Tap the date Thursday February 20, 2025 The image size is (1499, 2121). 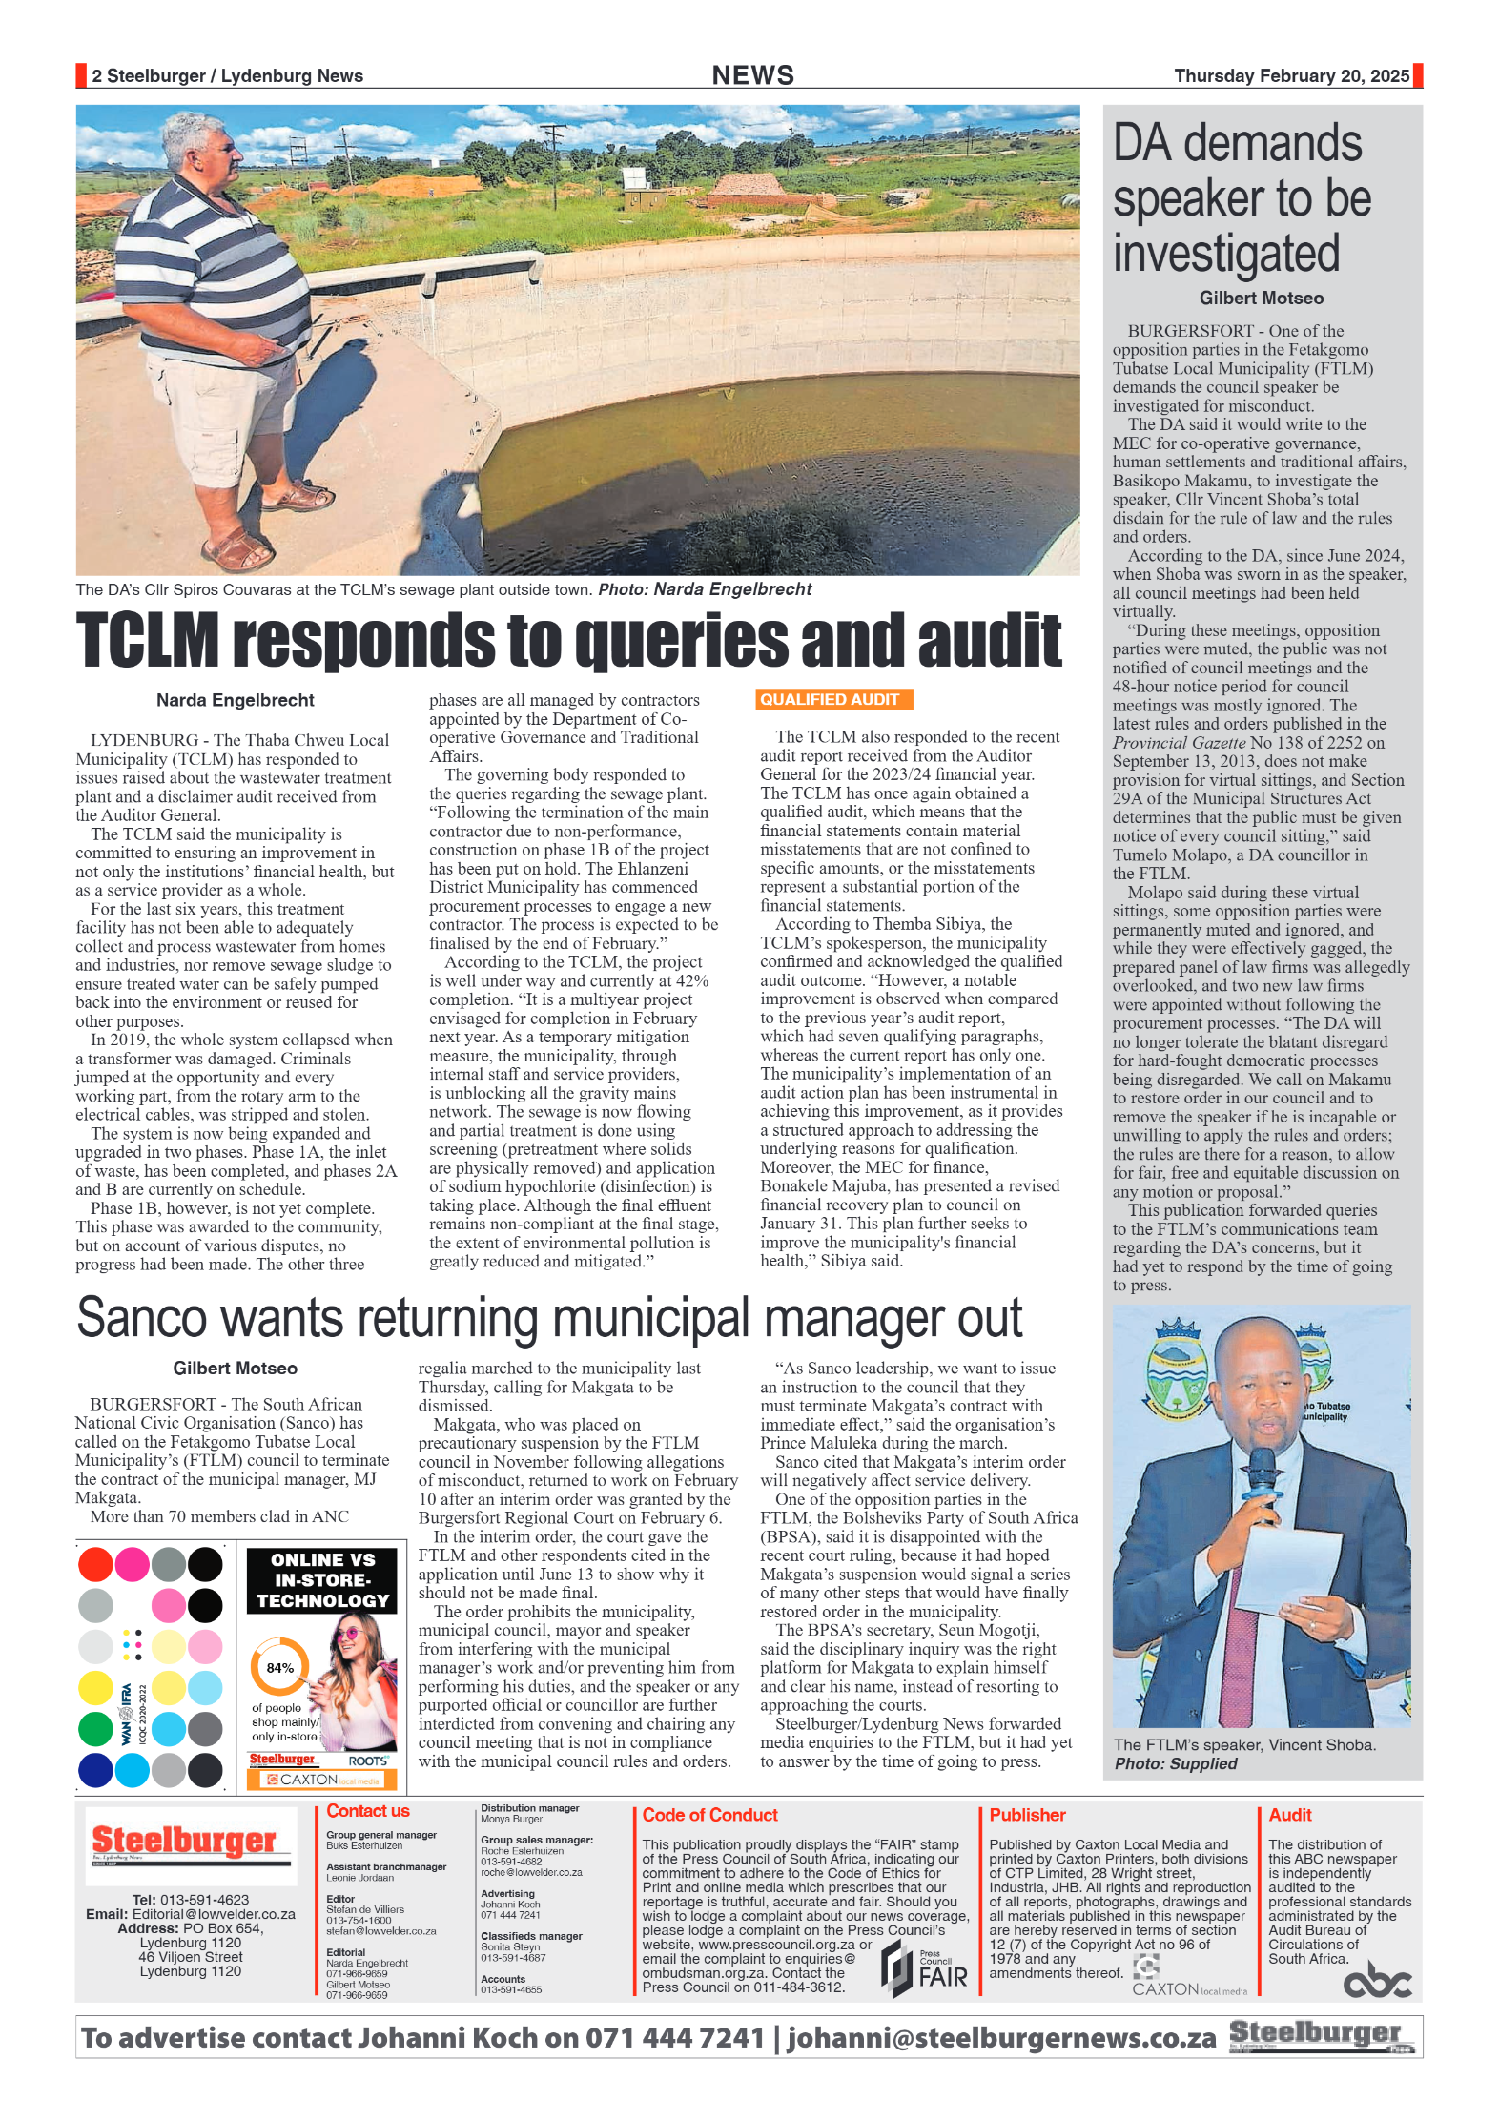[x=1291, y=76]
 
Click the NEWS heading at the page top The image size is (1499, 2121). [x=752, y=75]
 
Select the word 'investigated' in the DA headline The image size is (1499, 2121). [x=1226, y=255]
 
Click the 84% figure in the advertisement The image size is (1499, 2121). [x=279, y=1668]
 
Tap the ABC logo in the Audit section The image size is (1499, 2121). [x=1376, y=1982]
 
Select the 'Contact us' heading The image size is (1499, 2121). [x=367, y=1811]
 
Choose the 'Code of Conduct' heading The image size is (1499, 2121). [x=709, y=1815]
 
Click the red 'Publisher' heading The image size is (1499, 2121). [x=1027, y=1815]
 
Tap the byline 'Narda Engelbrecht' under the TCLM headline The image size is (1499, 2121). [x=235, y=700]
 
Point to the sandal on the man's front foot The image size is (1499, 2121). [x=232, y=550]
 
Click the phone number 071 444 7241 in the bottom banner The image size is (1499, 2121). [x=674, y=2038]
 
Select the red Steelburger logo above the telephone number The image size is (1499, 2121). [x=183, y=1841]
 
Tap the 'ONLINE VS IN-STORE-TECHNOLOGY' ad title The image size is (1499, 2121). [x=322, y=1580]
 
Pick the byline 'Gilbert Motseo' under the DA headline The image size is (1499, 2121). [x=1261, y=299]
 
